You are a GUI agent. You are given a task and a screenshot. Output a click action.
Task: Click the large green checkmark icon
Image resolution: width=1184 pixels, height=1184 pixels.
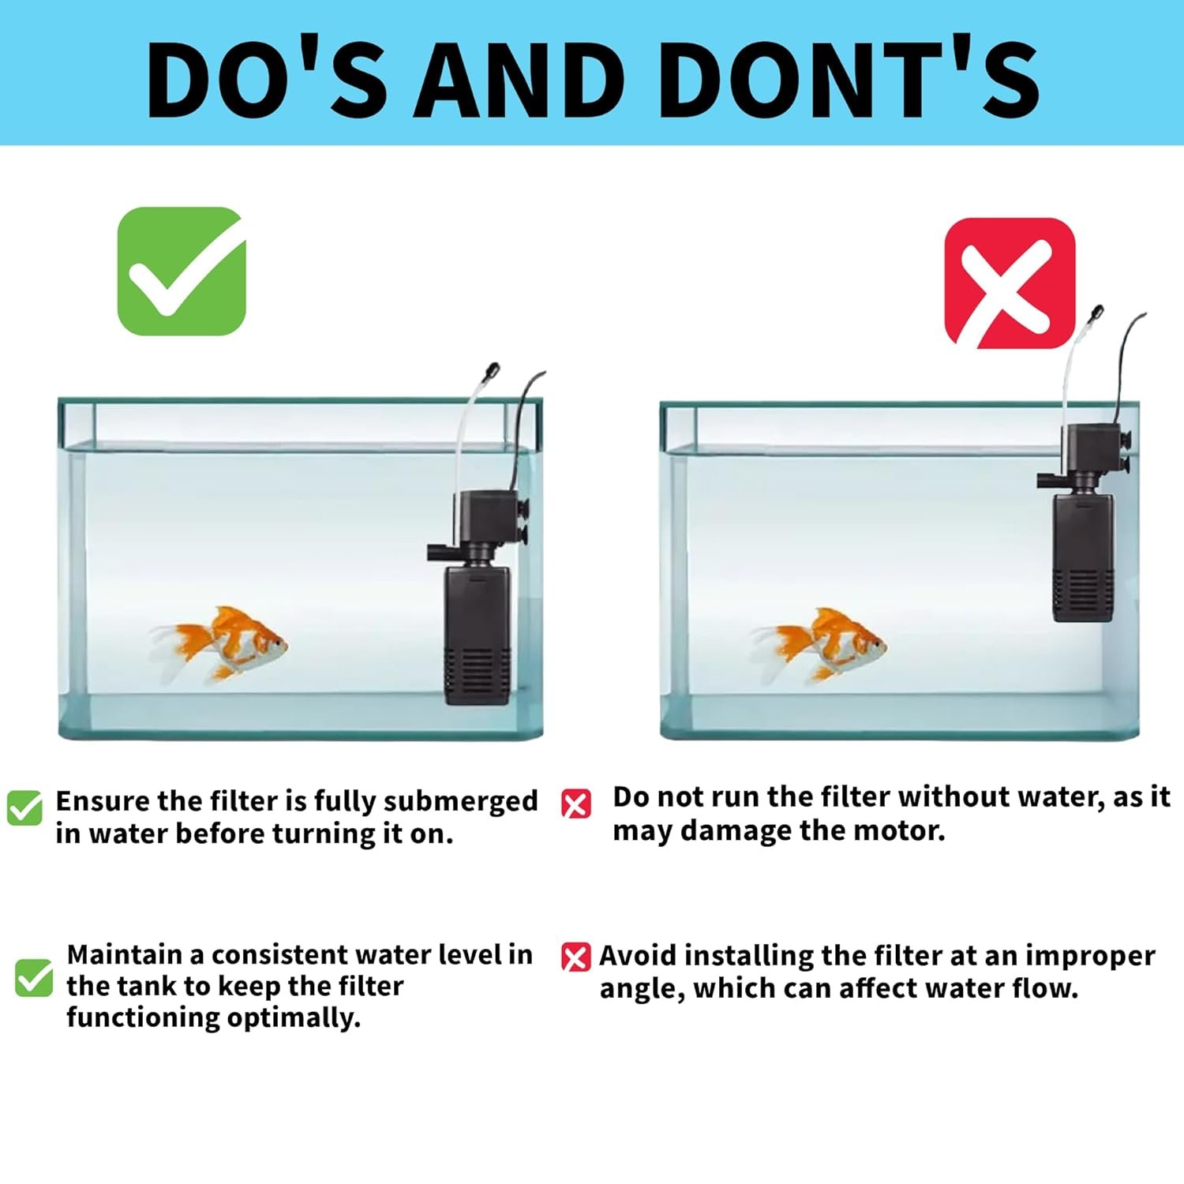click(182, 271)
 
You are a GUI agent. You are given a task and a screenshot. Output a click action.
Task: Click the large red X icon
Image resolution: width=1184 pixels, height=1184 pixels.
click(1010, 283)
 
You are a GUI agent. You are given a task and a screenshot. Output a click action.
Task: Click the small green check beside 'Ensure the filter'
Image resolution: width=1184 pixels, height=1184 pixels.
click(24, 807)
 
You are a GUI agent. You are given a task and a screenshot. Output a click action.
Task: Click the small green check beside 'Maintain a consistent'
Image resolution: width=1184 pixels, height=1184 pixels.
click(34, 978)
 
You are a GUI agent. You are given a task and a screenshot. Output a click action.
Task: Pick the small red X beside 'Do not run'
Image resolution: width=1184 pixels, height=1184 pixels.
click(575, 804)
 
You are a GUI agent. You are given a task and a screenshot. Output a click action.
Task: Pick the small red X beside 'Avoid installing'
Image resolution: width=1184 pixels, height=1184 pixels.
click(575, 957)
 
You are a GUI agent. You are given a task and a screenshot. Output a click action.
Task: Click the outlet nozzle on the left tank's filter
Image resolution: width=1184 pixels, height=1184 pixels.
click(439, 552)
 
